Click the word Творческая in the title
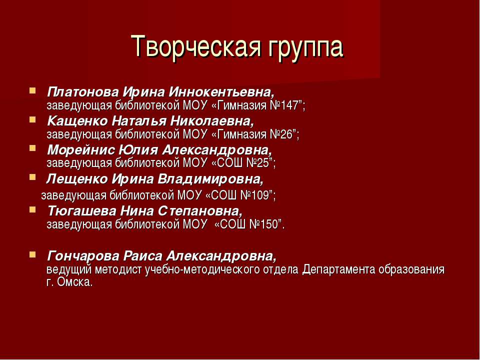click(196, 47)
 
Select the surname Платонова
click(83, 92)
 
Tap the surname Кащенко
click(77, 121)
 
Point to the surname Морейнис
click(81, 150)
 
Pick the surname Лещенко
click(77, 179)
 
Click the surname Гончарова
click(83, 255)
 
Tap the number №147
click(284, 105)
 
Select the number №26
click(280, 134)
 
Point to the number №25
click(257, 163)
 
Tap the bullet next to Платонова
click(32, 90)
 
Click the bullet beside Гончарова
click(32, 254)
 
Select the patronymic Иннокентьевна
click(221, 92)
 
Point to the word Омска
click(74, 282)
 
